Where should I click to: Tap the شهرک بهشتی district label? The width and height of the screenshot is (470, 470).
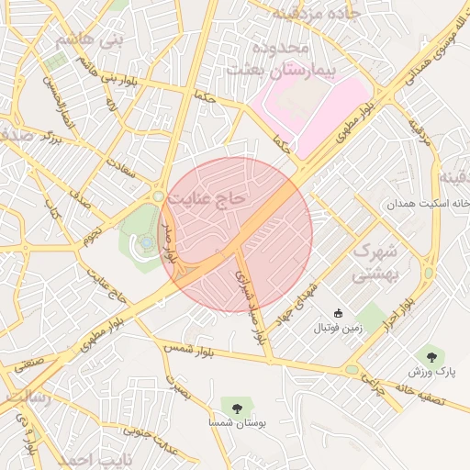(375, 262)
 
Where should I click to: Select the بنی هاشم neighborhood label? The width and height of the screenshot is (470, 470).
(88, 40)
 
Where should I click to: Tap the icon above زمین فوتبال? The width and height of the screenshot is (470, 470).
(339, 313)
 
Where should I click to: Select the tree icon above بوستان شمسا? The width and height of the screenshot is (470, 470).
(237, 405)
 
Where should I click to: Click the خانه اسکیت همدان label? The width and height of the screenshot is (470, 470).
(428, 203)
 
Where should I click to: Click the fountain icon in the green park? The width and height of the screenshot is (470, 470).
(146, 242)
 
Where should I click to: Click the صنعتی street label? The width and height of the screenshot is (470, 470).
(28, 362)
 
